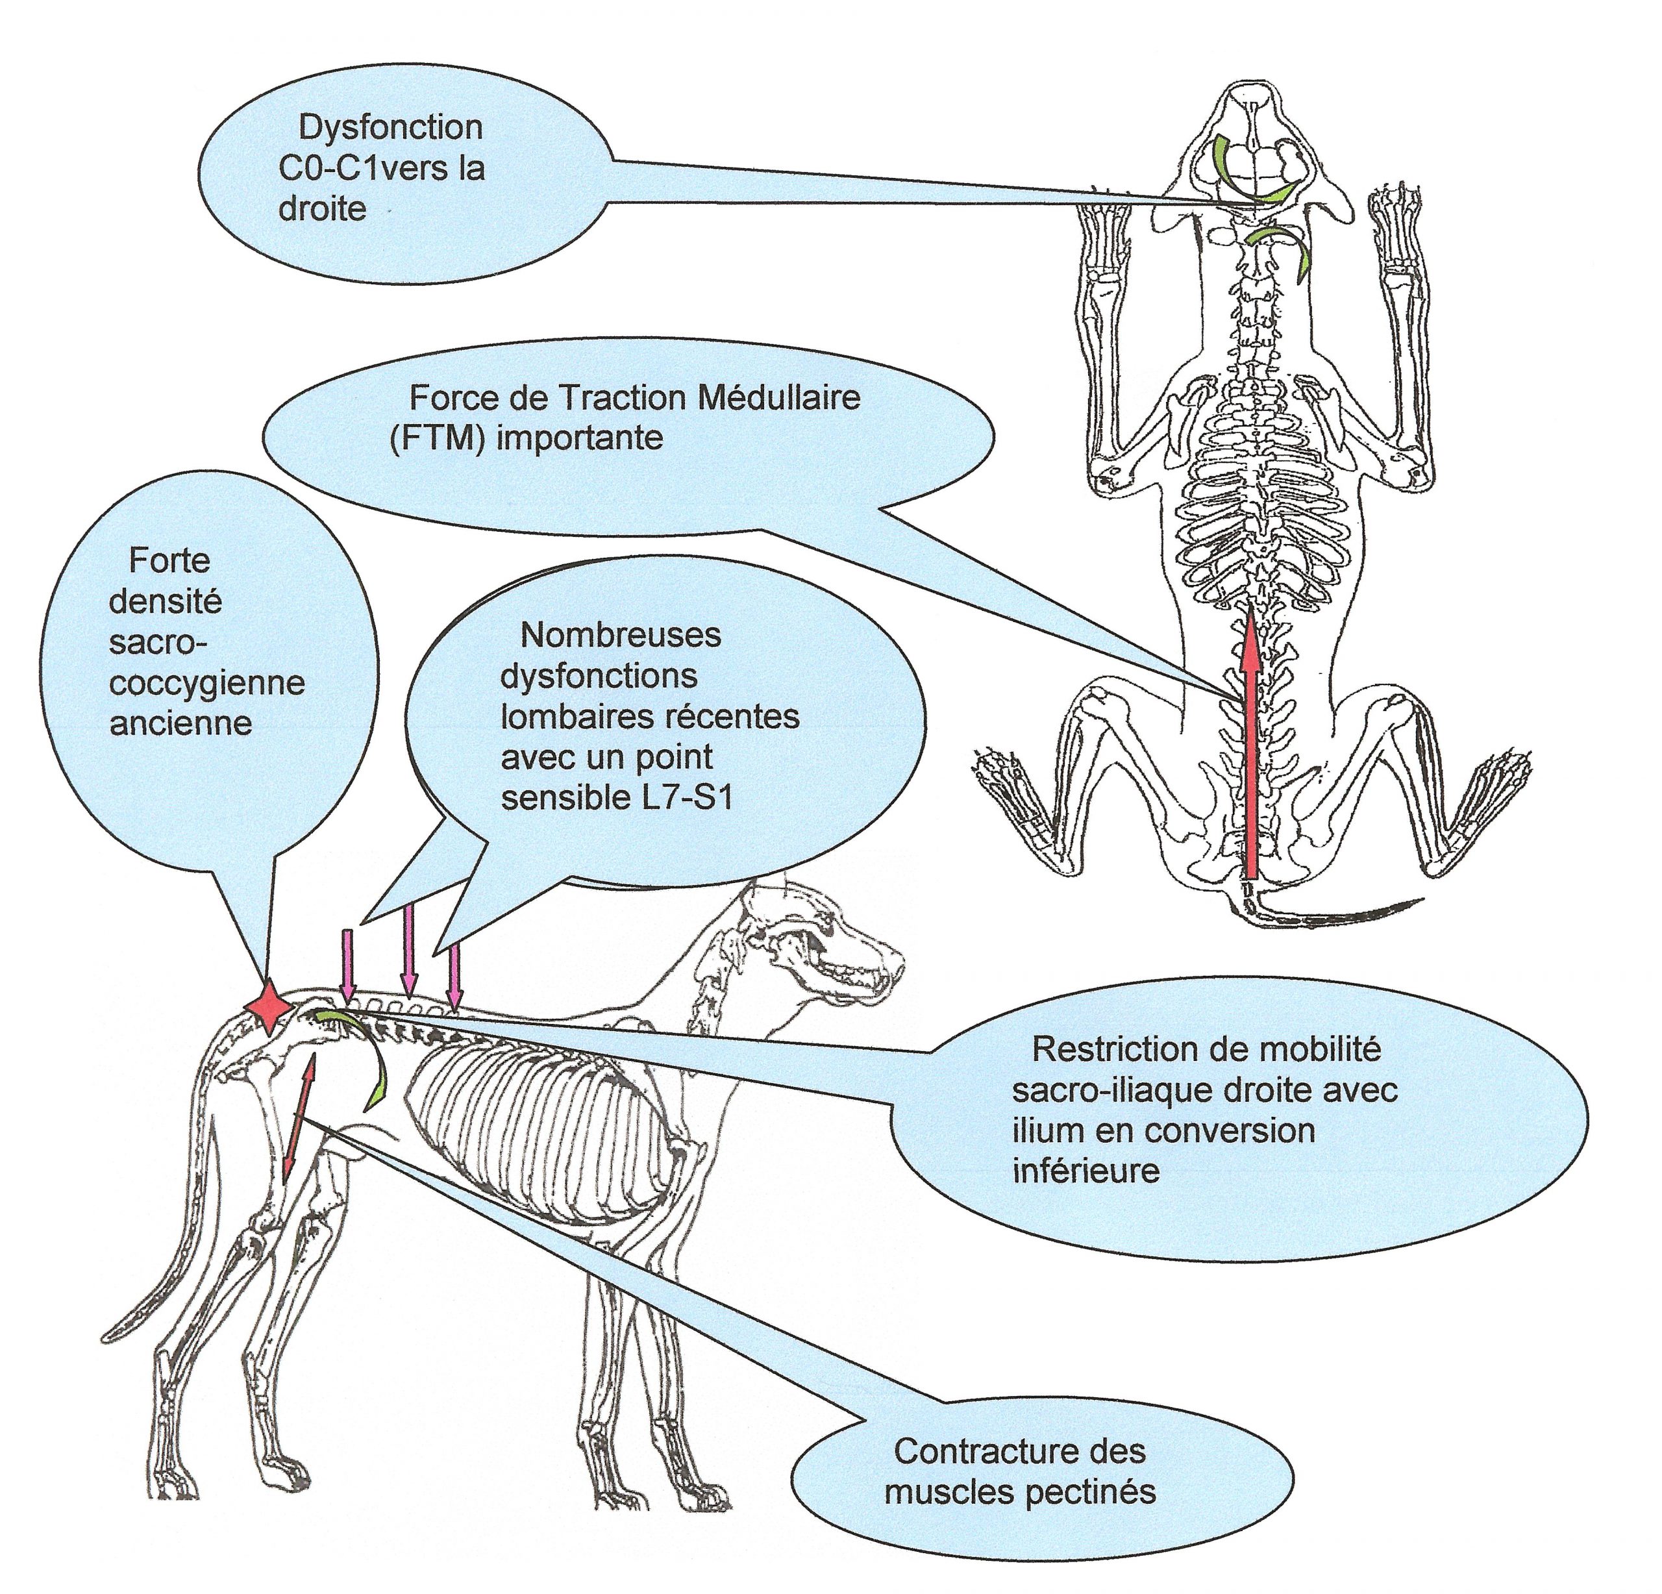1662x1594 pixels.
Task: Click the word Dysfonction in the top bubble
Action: click(391, 128)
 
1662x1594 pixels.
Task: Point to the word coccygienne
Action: click(207, 684)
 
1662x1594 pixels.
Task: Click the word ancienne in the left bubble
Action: click(180, 723)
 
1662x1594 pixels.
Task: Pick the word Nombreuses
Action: click(621, 635)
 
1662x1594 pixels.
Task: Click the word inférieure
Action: click(1086, 1171)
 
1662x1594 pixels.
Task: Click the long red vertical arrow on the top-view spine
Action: click(1252, 746)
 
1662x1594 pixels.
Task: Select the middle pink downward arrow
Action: click(410, 950)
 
